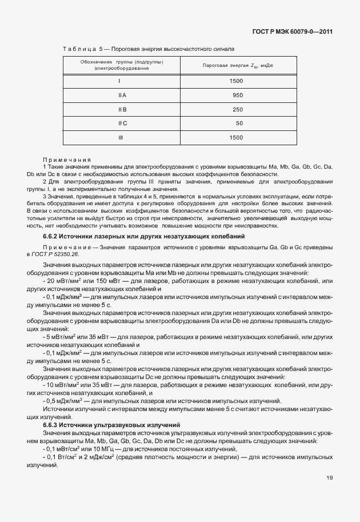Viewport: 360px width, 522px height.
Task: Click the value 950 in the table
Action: [x=237, y=95]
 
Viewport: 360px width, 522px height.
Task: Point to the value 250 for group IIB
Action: [x=237, y=109]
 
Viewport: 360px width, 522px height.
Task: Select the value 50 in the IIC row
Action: [x=239, y=123]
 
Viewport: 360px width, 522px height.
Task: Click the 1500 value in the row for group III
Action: [x=235, y=138]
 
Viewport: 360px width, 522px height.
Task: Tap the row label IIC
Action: [x=122, y=123]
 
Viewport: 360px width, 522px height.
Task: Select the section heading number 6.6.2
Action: [x=51, y=236]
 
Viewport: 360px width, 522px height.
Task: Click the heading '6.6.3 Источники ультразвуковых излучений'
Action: [x=111, y=425]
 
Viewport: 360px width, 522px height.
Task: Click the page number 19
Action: [x=329, y=477]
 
